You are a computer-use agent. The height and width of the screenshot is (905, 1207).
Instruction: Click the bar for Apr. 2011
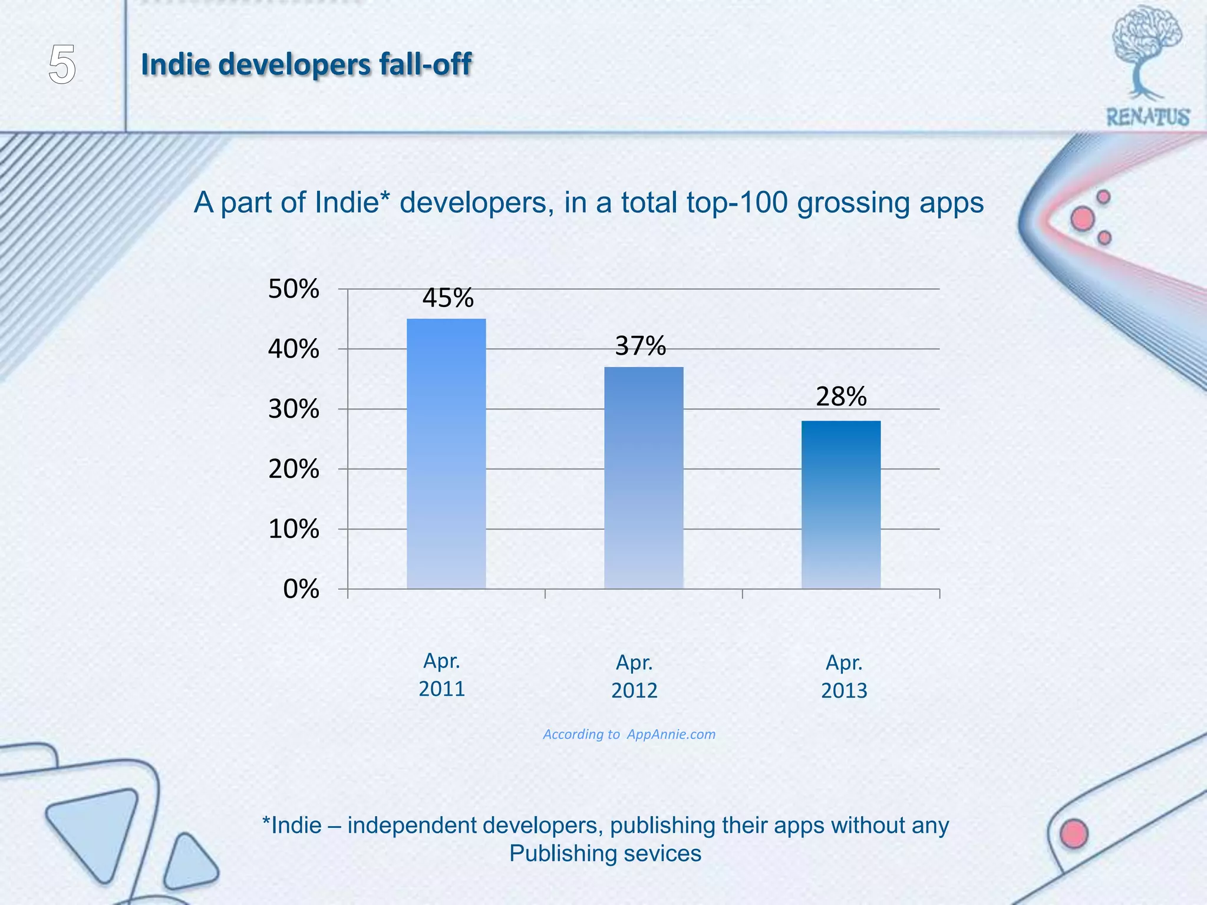[446, 454]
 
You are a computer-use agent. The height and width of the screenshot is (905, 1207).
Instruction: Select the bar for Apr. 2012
[644, 477]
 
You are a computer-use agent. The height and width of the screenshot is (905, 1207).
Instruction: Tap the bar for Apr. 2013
[841, 504]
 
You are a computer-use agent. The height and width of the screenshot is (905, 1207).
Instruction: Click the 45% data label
[448, 298]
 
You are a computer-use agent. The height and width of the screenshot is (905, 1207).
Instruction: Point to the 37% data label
[641, 346]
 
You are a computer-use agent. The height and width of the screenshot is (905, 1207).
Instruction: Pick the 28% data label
[841, 397]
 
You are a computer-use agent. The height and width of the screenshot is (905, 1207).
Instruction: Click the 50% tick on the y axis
[293, 289]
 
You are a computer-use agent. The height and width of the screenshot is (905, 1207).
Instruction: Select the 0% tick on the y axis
[301, 589]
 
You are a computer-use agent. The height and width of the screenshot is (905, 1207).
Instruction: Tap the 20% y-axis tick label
[293, 470]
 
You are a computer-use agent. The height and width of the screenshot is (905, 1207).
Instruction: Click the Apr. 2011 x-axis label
[442, 675]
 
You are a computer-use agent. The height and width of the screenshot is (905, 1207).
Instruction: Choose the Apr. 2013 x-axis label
[844, 676]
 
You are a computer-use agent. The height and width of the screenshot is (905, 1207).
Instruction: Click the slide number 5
[62, 65]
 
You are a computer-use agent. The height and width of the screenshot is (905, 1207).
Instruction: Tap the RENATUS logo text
[1147, 117]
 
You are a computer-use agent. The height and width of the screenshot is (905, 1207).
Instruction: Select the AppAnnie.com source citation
[671, 734]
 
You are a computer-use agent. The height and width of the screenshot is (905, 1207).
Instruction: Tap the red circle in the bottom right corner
[1074, 834]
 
